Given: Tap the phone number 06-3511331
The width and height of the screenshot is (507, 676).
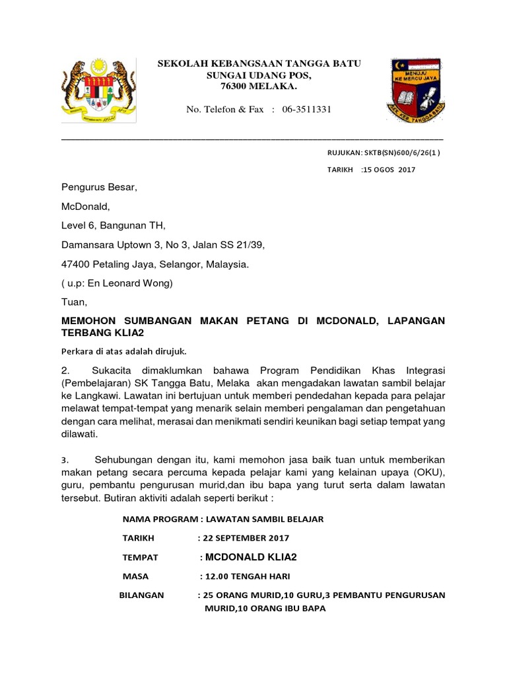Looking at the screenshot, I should [x=306, y=109].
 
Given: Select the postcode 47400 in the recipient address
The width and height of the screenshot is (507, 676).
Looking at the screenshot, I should [x=78, y=264].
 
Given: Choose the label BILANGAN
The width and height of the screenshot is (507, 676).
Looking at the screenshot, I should [x=141, y=595].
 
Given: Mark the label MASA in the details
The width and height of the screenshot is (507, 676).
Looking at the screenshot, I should [x=136, y=576].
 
